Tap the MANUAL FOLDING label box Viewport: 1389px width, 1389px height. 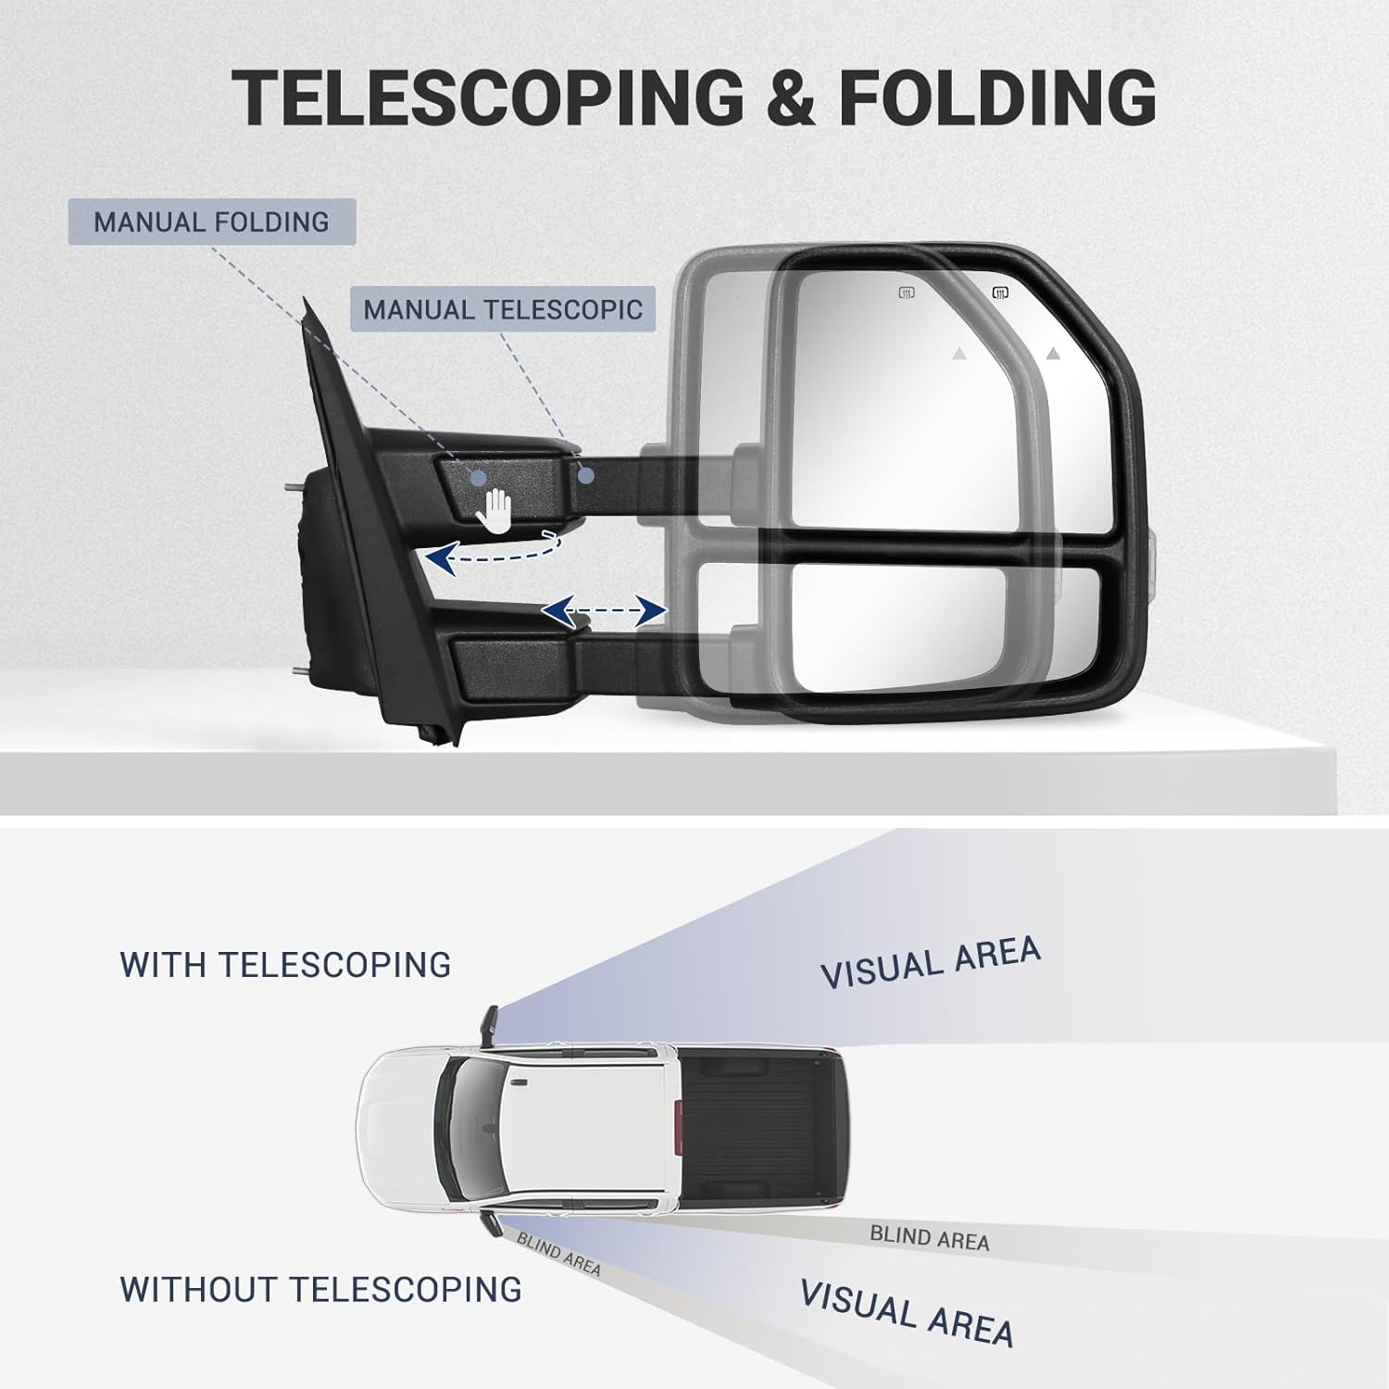click(212, 222)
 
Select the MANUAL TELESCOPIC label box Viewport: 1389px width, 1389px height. click(503, 309)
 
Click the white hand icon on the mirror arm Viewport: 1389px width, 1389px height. click(497, 510)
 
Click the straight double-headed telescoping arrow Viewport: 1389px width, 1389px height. click(604, 610)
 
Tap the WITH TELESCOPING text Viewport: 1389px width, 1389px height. click(285, 965)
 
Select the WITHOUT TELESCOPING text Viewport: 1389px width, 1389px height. click(320, 1289)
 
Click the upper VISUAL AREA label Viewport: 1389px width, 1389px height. click(931, 962)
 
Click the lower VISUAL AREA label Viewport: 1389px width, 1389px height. click(907, 1312)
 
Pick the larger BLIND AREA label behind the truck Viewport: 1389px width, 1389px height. click(930, 1238)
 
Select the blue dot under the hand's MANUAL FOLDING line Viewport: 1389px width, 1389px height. click(477, 477)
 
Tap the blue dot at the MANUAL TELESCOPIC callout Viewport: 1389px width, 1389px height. click(586, 476)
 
